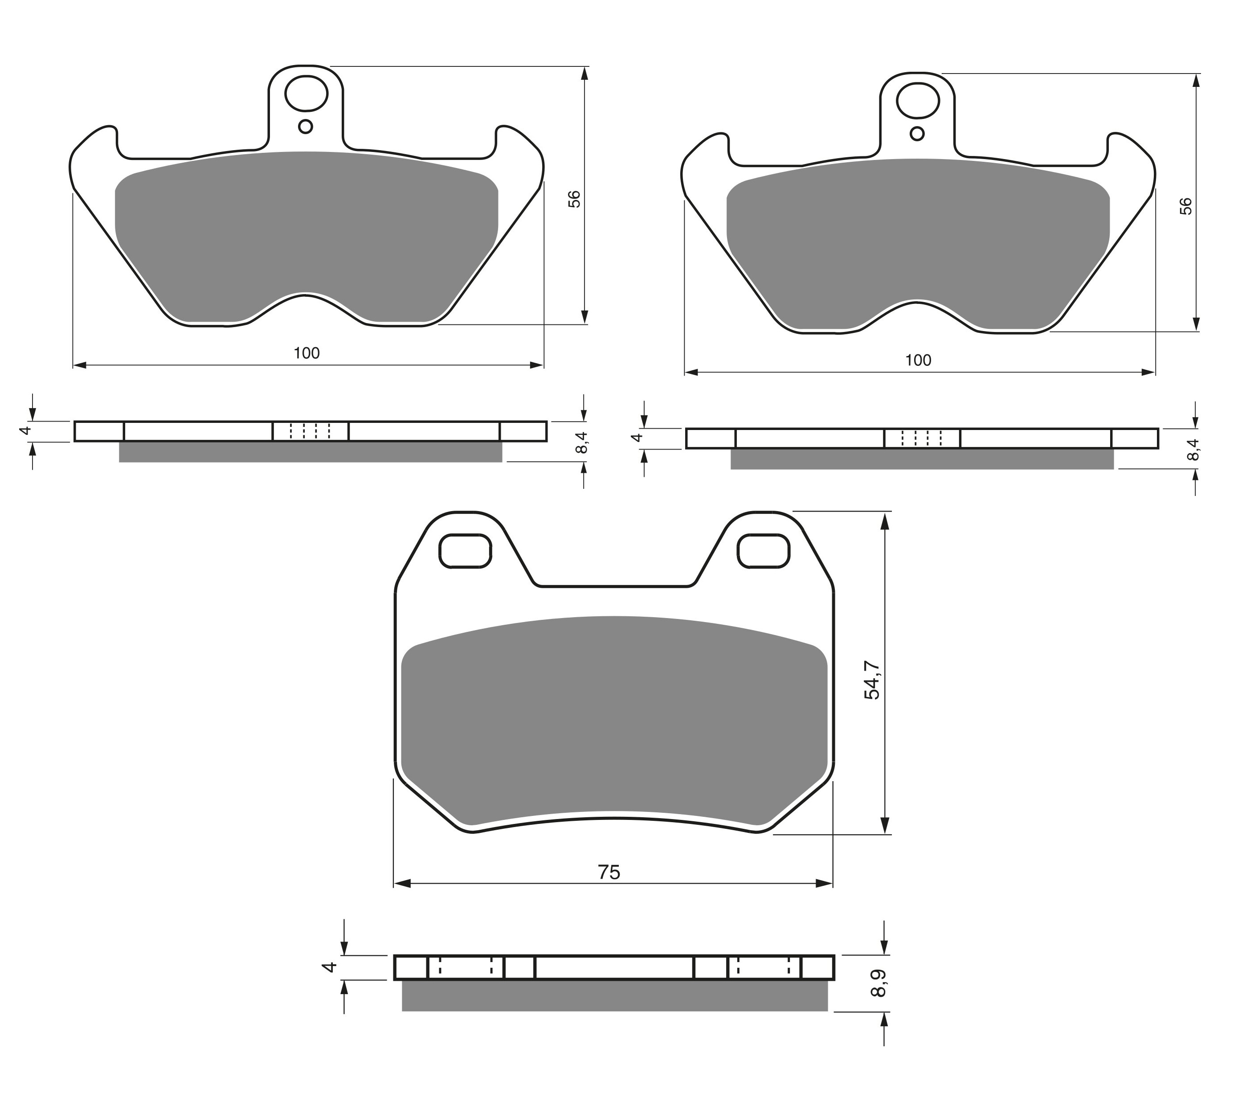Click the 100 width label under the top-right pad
coord(918,360)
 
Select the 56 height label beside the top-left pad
coord(574,199)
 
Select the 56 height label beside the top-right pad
coord(1185,207)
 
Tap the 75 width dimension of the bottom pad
coord(609,872)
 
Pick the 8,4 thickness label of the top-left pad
coord(581,442)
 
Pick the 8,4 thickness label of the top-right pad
coord(1193,449)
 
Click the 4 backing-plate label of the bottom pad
coord(329,967)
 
